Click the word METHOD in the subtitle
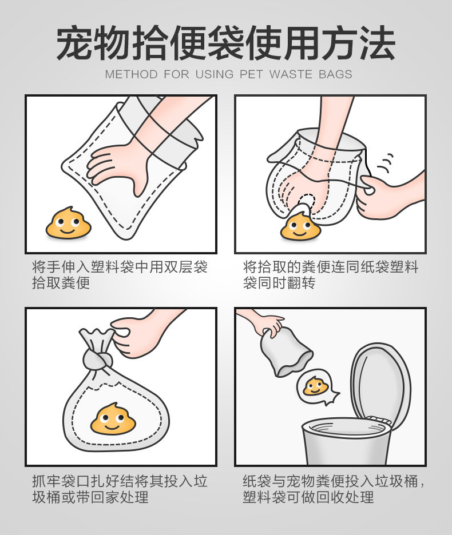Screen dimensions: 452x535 pyautogui.click(x=131, y=74)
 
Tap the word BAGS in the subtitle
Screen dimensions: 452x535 pyautogui.click(x=335, y=74)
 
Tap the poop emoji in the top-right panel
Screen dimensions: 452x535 pyautogui.click(x=300, y=226)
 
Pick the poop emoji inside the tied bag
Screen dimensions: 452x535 pyautogui.click(x=113, y=418)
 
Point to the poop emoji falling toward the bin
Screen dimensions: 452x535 pyautogui.click(x=315, y=386)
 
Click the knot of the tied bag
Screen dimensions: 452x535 pyautogui.click(x=97, y=360)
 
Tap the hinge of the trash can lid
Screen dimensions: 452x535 pyautogui.click(x=378, y=420)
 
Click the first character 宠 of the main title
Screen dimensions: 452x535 pyautogui.click(x=74, y=43)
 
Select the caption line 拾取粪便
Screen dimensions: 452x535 pyautogui.click(x=61, y=283)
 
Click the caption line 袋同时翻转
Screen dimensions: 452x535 pyautogui.click(x=279, y=283)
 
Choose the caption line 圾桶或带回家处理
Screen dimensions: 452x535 pyautogui.click(x=90, y=497)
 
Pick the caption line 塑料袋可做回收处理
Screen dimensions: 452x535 pyautogui.click(x=308, y=497)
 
